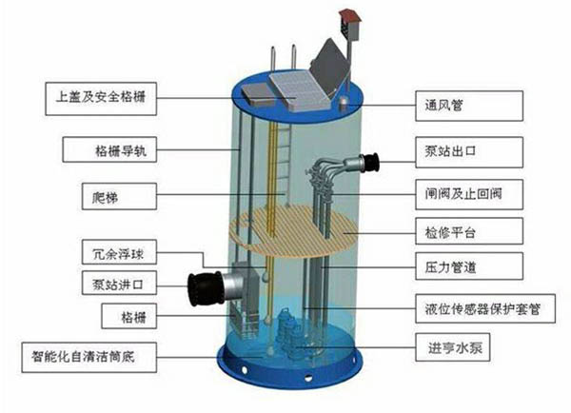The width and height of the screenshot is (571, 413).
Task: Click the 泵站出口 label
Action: [466, 149]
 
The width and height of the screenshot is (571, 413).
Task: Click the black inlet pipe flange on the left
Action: [206, 284]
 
